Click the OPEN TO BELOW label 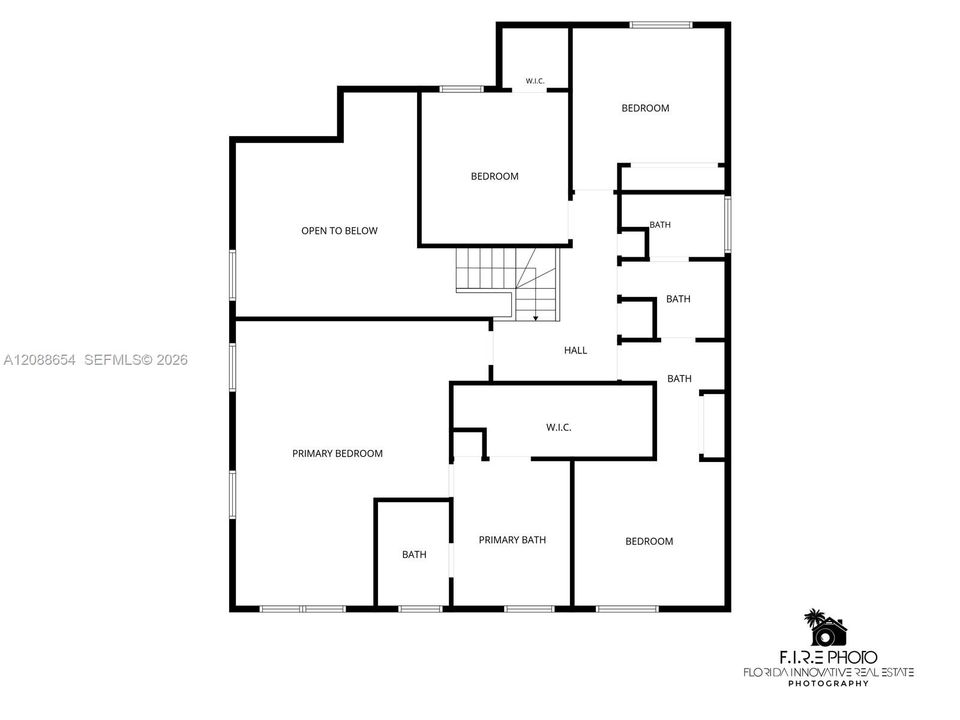(339, 231)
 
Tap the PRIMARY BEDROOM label (337, 454)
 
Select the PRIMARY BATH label (512, 540)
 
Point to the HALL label (576, 350)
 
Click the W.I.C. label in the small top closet (535, 81)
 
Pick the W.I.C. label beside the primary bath (559, 427)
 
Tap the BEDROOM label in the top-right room (645, 108)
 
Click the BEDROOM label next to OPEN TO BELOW (495, 176)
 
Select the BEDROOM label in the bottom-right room (649, 541)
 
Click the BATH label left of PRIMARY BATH (414, 555)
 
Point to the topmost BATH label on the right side (660, 225)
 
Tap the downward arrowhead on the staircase (536, 317)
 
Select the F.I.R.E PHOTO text (828, 658)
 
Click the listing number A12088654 (40, 360)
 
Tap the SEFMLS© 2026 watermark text (136, 360)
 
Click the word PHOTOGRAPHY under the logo (828, 683)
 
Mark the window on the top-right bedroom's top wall (661, 25)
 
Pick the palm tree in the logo (815, 617)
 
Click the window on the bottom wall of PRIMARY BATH (530, 609)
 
